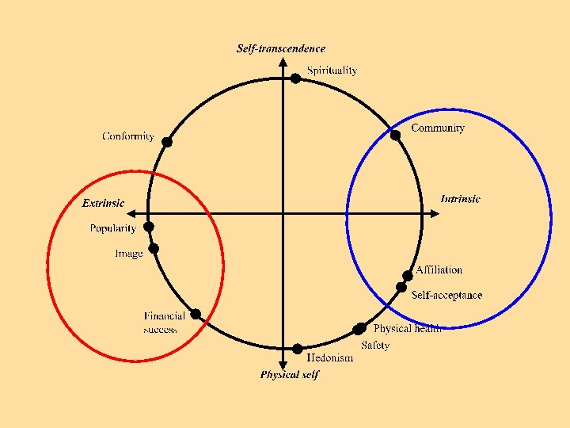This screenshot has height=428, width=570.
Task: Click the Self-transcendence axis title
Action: tap(280, 49)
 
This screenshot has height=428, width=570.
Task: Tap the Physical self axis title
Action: tap(289, 375)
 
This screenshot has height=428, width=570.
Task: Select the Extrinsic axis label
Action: tap(103, 203)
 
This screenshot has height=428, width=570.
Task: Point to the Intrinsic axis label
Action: tap(460, 199)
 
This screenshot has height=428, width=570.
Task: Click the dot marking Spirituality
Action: tap(294, 78)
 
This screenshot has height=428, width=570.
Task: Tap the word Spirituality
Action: tap(332, 71)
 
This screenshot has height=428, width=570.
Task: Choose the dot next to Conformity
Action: tap(166, 142)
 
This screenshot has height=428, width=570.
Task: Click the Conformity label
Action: tap(128, 136)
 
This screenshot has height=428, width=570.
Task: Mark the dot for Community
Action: tap(395, 135)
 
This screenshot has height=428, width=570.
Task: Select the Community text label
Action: tap(437, 128)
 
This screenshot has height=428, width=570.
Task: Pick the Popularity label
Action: tap(112, 228)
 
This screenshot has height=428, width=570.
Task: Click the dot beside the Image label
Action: tap(154, 248)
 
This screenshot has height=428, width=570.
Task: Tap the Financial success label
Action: tap(164, 323)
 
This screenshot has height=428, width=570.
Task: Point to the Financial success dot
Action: tap(196, 314)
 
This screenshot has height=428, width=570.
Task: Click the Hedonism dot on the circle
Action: tap(297, 349)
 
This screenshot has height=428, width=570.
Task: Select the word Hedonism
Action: tap(330, 357)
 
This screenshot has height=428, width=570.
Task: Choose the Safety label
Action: tap(375, 346)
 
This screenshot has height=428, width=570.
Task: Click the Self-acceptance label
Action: tap(446, 295)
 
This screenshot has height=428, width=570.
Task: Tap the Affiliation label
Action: tap(439, 270)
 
